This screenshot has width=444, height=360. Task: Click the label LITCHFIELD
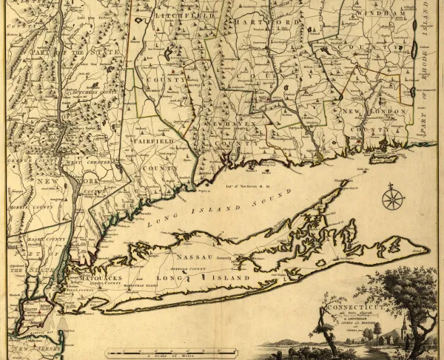point(185,15)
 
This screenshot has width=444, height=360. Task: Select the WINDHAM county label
point(380,14)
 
